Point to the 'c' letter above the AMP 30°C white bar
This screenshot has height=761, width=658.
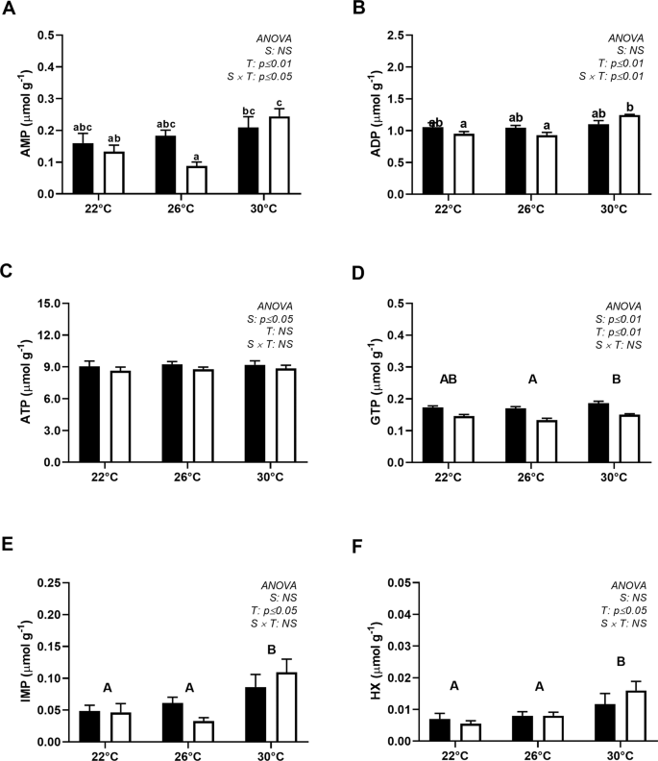[279, 104]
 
